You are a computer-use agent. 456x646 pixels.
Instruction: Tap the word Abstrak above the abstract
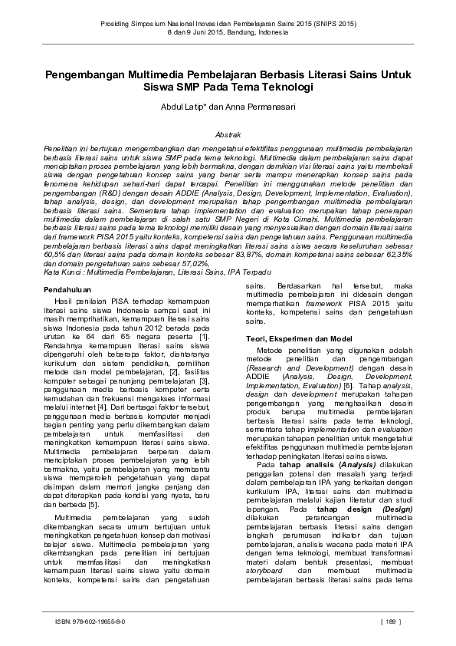(228, 133)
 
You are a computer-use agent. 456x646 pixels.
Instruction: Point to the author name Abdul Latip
(192, 107)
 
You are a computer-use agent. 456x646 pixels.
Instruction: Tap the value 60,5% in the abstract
(55, 253)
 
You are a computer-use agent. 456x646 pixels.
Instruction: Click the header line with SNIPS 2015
(228, 25)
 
